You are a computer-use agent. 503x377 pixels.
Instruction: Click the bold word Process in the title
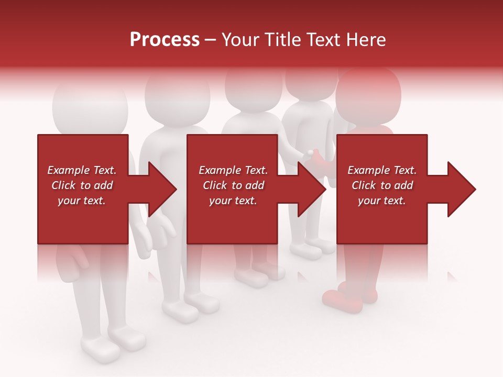pos(165,40)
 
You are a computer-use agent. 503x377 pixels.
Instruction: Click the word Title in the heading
pos(282,40)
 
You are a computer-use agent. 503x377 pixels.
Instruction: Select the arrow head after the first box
pos(160,189)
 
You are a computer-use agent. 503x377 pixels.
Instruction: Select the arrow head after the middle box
pos(310,189)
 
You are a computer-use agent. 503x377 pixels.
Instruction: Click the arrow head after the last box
pos(460,189)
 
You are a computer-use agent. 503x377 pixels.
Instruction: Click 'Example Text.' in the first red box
pos(82,170)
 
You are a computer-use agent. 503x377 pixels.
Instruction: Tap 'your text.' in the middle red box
pos(233,201)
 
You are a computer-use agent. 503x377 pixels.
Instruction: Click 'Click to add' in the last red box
pos(382,185)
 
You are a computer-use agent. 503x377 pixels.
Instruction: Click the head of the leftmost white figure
pos(90,107)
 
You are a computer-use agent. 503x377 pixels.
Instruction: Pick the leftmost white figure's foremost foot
pos(100,348)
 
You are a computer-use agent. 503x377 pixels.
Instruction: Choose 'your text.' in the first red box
pos(82,201)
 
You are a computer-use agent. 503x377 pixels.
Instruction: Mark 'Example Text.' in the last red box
pos(382,170)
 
